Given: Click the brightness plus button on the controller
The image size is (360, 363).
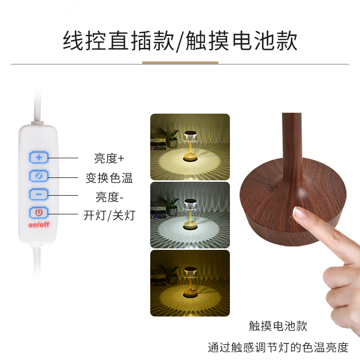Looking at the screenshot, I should click(39, 157).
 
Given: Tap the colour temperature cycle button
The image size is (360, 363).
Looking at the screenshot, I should click(39, 176).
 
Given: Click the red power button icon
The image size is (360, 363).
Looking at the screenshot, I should click(39, 212).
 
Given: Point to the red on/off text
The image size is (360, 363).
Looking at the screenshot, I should click(39, 224).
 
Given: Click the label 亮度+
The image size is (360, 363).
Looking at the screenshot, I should click(109, 158).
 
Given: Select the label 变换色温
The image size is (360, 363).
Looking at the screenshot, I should click(109, 178).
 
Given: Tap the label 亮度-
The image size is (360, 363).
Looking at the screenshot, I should click(109, 197).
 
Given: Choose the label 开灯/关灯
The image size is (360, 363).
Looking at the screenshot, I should click(109, 216).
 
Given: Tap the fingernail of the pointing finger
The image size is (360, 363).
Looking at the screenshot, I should click(301, 213).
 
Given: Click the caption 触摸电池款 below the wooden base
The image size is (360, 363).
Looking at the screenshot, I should click(278, 327).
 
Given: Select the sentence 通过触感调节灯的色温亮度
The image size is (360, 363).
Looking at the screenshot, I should click(278, 348).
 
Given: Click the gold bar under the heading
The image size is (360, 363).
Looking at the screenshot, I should click(180, 62).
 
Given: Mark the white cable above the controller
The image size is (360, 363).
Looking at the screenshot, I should click(36, 103).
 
